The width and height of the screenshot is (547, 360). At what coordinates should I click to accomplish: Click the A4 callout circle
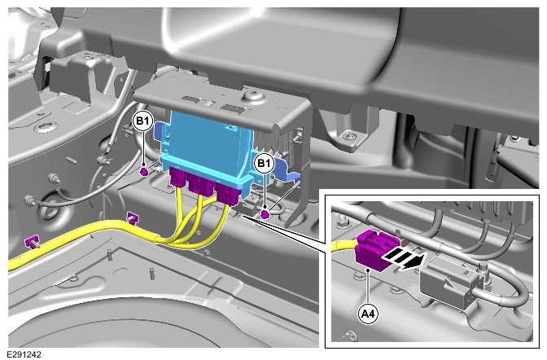369,314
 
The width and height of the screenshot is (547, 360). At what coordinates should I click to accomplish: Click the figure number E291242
24,354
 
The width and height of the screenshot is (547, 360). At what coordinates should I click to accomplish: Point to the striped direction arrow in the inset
404,257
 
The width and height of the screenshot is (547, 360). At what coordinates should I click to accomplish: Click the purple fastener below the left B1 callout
144,171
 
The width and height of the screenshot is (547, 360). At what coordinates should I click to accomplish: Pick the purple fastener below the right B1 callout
265,213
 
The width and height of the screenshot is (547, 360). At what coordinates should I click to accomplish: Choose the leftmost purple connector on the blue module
178,178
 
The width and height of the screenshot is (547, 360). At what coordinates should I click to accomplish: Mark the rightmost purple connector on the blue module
228,194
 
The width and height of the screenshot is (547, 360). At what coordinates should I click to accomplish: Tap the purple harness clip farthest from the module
32,242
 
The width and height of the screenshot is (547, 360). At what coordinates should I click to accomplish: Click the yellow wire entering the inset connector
344,246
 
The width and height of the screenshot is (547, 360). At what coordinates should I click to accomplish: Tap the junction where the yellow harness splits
158,239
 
